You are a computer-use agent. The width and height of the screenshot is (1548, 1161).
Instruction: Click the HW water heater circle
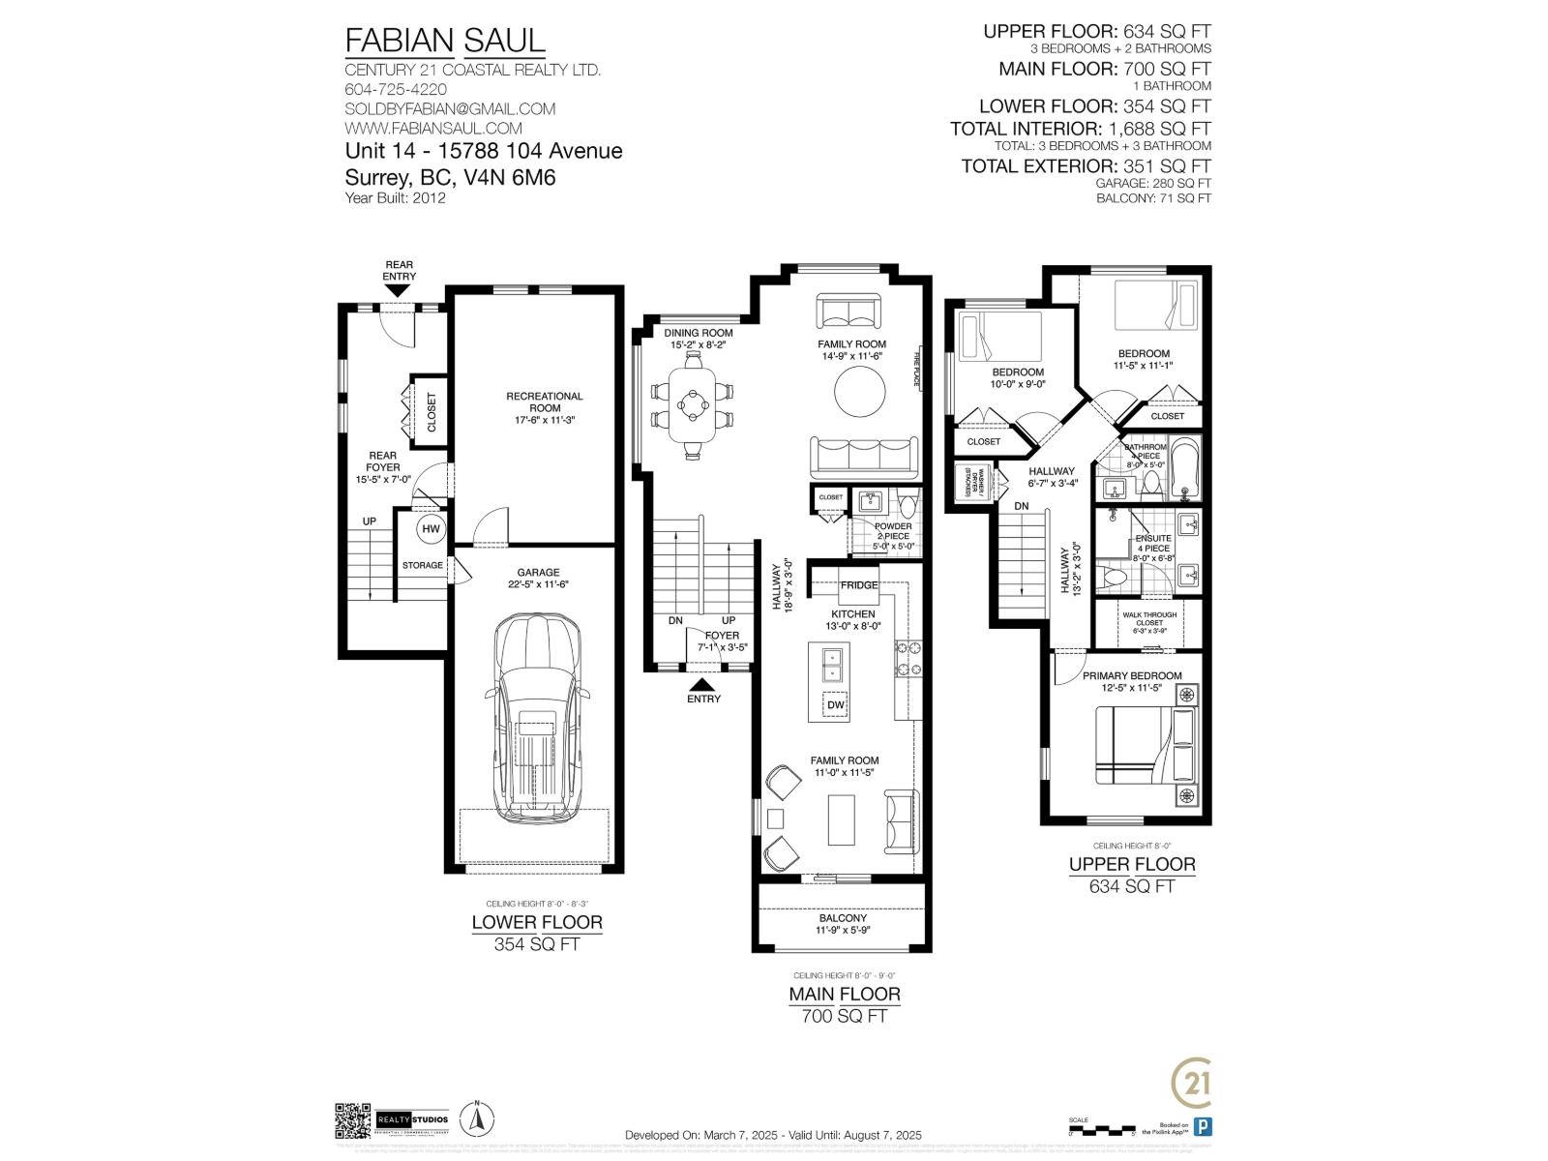tap(431, 529)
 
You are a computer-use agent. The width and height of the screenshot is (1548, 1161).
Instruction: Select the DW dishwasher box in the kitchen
tap(836, 705)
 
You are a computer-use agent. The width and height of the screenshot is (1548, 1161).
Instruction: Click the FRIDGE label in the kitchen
tap(858, 585)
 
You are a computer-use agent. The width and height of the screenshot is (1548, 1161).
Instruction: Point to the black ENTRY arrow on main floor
tap(703, 683)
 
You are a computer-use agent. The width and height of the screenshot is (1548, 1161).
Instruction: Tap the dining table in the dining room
tap(693, 403)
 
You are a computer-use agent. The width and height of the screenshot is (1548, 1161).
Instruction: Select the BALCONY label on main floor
tap(843, 918)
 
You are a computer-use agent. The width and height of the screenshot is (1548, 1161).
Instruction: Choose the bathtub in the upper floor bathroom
tap(1183, 469)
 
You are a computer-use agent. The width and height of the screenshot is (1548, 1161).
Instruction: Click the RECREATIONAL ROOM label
tap(545, 402)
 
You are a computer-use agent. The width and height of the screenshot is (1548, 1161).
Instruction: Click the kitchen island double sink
tap(831, 665)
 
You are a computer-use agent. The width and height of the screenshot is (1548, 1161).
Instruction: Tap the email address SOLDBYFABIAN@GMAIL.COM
tap(450, 108)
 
